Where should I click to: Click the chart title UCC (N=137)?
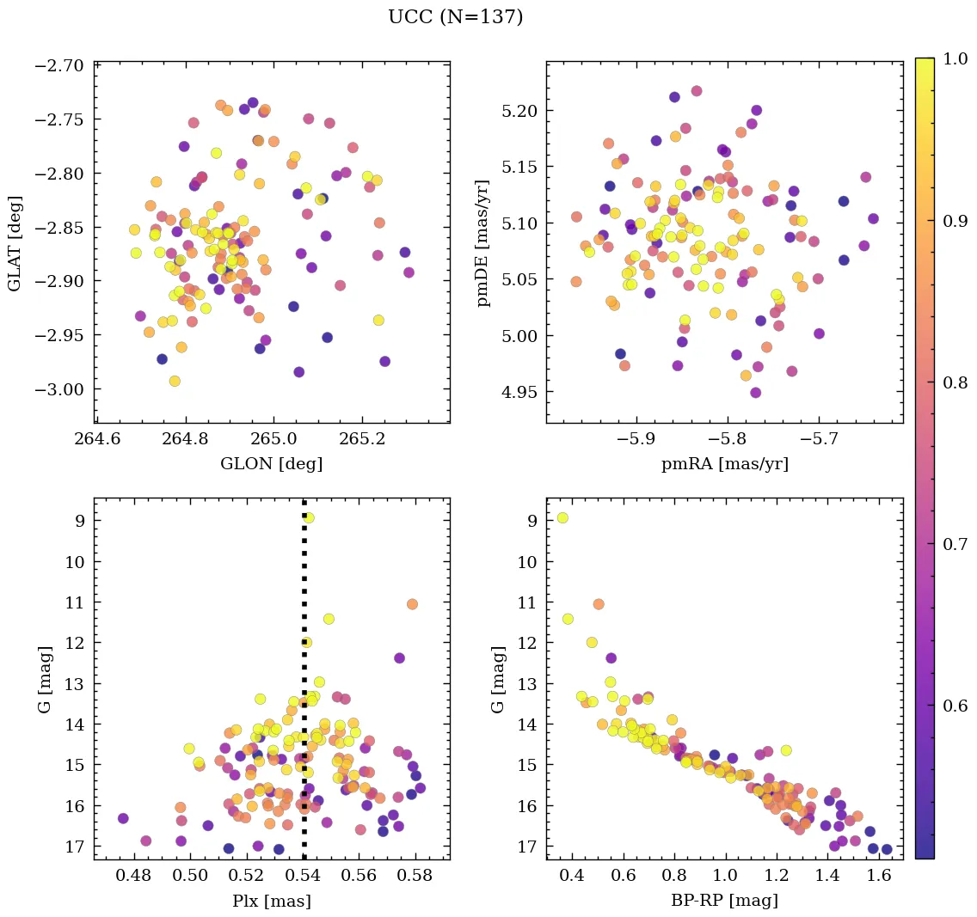[455, 17]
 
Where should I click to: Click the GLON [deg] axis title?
[272, 464]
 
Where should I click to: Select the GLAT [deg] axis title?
[16, 243]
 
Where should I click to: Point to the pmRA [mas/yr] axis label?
[724, 464]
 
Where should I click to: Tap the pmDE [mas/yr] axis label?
[483, 243]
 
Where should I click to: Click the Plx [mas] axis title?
[272, 901]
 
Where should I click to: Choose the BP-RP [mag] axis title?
[724, 901]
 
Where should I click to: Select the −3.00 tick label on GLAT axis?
[59, 389]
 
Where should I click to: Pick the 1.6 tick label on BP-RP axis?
[879, 877]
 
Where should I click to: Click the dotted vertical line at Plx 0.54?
[304, 688]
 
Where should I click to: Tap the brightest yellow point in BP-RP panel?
[562, 517]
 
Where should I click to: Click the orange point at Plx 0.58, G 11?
[412, 604]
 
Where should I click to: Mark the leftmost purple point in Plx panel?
[123, 818]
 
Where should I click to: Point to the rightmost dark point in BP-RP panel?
[887, 849]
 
